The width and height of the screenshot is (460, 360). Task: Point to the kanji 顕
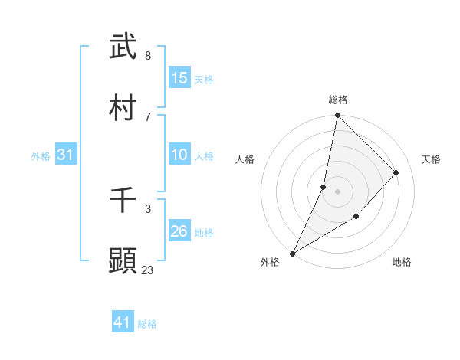123,260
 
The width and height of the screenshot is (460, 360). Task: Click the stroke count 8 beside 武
148,56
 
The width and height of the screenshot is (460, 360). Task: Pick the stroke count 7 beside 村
148,116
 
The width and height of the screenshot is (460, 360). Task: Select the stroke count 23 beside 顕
148,270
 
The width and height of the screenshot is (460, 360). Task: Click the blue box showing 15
179,78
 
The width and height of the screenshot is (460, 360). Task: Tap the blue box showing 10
179,155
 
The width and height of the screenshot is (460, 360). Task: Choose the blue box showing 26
179,231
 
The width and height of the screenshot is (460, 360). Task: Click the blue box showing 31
65,155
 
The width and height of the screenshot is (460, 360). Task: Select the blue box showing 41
123,323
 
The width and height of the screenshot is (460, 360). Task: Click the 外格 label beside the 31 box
41,156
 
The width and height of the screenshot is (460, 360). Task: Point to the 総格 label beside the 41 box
147,324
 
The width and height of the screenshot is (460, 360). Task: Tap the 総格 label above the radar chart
338,100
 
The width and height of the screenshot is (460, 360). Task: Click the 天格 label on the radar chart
431,159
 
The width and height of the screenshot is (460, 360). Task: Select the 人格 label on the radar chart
245,159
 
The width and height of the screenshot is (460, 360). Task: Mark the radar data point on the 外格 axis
292,253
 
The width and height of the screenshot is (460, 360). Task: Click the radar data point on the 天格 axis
396,172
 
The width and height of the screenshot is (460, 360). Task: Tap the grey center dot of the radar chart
337,191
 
